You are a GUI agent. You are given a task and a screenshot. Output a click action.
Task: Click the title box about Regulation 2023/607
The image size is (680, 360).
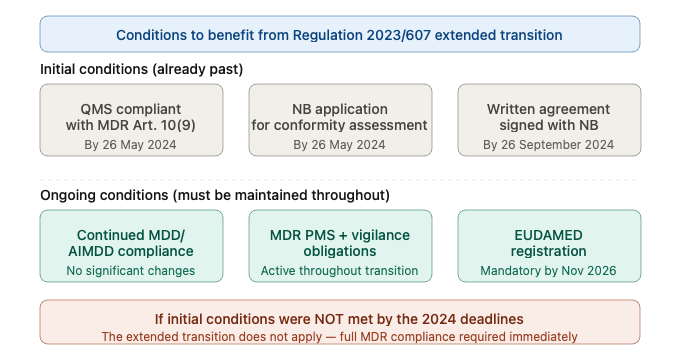pyautogui.click(x=339, y=34)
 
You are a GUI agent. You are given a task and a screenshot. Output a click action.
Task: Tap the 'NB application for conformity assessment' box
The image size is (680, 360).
pyautogui.click(x=340, y=119)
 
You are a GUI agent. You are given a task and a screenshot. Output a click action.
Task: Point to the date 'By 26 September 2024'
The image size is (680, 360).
pyautogui.click(x=548, y=145)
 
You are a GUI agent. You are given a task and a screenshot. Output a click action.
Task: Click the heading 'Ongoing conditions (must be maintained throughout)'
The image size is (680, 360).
pyautogui.click(x=214, y=194)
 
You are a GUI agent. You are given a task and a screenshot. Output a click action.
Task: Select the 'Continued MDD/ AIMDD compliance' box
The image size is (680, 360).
pyautogui.click(x=131, y=245)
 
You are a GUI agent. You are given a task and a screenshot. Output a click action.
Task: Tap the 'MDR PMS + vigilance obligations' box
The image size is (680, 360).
pyautogui.click(x=340, y=245)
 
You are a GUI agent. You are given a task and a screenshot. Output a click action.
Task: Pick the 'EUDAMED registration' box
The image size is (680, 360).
pyautogui.click(x=548, y=245)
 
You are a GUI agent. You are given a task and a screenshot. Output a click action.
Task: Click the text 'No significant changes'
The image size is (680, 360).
pyautogui.click(x=131, y=271)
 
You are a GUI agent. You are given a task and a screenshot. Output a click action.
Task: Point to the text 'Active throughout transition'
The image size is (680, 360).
pyautogui.click(x=340, y=271)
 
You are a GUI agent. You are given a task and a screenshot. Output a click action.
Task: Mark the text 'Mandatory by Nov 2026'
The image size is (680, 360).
pyautogui.click(x=548, y=271)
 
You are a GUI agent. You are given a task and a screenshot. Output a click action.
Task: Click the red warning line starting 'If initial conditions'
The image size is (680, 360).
pyautogui.click(x=339, y=318)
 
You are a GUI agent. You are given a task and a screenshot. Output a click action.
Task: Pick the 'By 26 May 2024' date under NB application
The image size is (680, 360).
pyautogui.click(x=340, y=145)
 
